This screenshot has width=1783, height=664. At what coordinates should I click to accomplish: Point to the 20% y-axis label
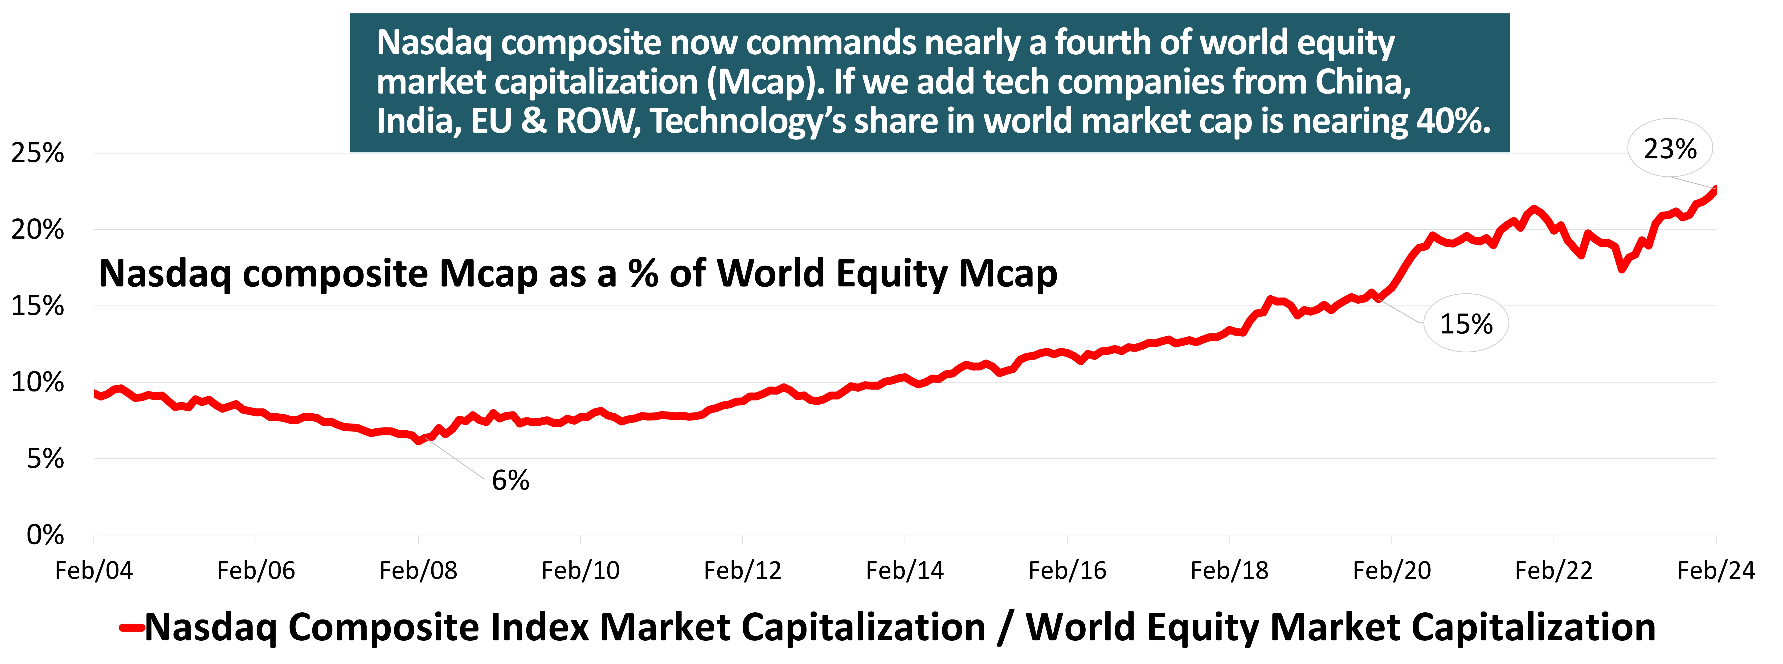pos(37,230)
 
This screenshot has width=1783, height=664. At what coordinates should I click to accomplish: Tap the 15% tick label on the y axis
pos(37,306)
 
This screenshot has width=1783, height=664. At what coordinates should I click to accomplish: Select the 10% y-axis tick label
pos(37,383)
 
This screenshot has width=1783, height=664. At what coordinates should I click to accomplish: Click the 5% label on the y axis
pos(45,459)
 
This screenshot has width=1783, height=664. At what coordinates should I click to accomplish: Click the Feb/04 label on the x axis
pos(94,571)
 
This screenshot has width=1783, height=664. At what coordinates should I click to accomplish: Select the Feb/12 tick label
pos(743,571)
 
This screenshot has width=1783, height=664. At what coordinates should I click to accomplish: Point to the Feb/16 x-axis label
pos(1067,571)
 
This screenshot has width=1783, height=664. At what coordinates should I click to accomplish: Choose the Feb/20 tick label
pos(1392,571)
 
